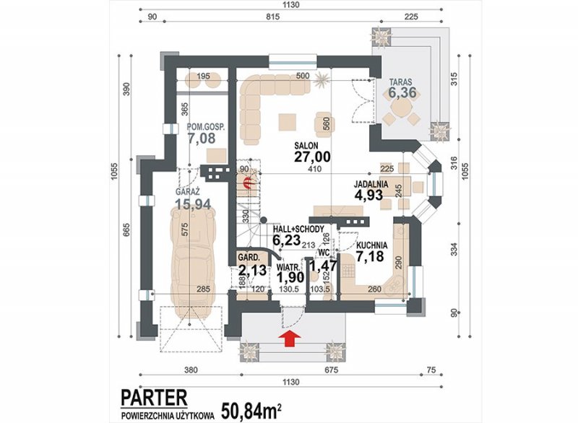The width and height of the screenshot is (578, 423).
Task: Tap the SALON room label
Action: click(x=306, y=145)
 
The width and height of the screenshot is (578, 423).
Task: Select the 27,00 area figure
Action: click(x=312, y=157)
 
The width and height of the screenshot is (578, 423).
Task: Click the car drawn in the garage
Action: click(x=189, y=258)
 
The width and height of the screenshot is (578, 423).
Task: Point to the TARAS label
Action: click(x=402, y=82)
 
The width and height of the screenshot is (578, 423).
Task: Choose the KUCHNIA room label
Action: click(x=371, y=245)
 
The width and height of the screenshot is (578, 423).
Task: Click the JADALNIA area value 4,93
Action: click(x=368, y=195)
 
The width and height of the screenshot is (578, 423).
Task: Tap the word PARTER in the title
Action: click(x=154, y=398)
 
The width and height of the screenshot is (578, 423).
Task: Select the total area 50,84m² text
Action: click(x=252, y=411)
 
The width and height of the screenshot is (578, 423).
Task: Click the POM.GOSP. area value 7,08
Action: click(x=202, y=139)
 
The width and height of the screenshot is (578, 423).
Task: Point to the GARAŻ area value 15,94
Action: click(x=193, y=204)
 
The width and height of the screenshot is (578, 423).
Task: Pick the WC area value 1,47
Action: click(x=323, y=265)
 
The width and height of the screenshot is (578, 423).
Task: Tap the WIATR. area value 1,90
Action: click(x=290, y=277)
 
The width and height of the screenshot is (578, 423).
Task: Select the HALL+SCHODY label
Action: click(x=298, y=229)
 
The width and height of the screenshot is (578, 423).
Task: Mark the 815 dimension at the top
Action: click(x=272, y=17)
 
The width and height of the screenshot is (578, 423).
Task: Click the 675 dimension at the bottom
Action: click(x=331, y=370)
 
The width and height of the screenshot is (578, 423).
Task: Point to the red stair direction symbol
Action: click(x=249, y=181)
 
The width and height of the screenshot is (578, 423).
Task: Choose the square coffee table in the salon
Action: click(x=287, y=122)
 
